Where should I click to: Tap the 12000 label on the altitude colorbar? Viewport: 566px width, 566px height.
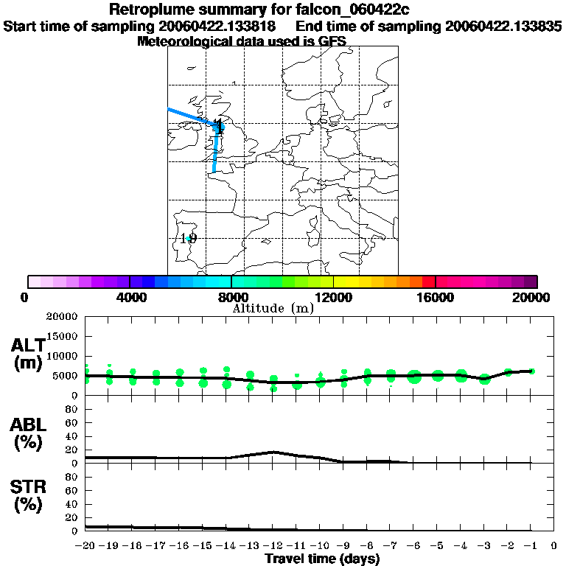pos(333,297)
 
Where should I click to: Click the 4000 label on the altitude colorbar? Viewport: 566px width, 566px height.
pos(130,297)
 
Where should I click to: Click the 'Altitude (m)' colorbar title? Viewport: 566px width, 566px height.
pos(273,308)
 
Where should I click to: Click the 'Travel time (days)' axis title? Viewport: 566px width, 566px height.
pos(322,559)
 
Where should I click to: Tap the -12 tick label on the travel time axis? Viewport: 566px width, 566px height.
pos(273,547)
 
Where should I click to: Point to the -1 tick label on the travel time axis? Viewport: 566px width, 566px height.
pos(530,547)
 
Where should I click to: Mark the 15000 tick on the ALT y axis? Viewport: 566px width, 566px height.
pos(63,336)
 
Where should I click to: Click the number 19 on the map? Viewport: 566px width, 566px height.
pos(189,238)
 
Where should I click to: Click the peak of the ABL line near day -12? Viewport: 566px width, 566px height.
pos(273,452)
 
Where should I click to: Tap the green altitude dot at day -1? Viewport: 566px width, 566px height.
pos(532,371)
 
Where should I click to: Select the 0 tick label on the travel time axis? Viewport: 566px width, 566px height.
pos(553,547)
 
